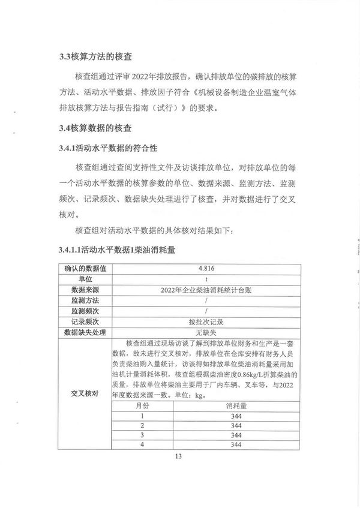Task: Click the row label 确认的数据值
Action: point(85,268)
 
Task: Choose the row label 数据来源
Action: point(85,290)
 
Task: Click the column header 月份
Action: point(142,405)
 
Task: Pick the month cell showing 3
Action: point(142,435)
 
